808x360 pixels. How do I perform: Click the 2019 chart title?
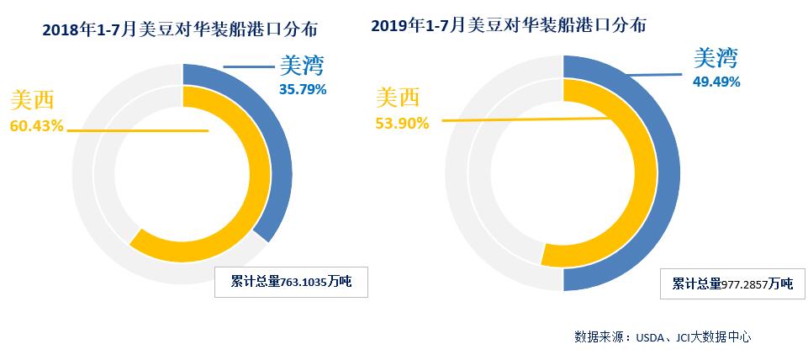coord(508,25)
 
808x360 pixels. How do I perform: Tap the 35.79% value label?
coord(303,87)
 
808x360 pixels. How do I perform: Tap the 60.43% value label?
coord(36,126)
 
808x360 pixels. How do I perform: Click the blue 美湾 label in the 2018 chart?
coord(301,65)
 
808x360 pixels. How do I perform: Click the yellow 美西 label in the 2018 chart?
coord(32,102)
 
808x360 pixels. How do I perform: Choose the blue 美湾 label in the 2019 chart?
coord(716,58)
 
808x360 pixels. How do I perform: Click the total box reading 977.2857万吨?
coord(733,283)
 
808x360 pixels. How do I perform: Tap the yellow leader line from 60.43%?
coord(135,130)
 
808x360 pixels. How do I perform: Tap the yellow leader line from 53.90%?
coord(521,120)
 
